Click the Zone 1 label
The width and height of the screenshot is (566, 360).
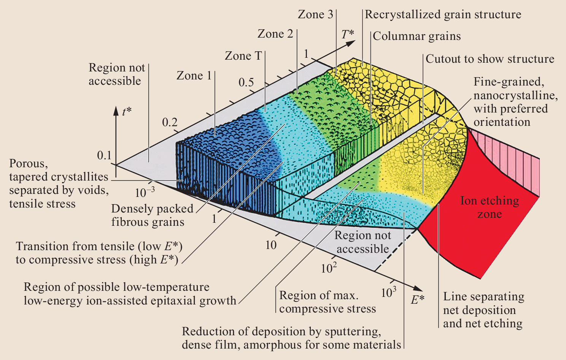point(194,76)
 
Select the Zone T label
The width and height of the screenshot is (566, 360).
point(243,56)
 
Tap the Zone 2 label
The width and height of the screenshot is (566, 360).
point(275,34)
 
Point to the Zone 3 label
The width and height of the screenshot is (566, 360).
point(315,14)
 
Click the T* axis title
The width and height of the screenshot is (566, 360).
point(347,34)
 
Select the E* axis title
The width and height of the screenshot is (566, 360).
point(417,300)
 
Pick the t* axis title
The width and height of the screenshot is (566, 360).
point(127,111)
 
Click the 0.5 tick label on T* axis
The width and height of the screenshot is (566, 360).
point(246,82)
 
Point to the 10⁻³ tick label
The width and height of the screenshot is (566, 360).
point(145,192)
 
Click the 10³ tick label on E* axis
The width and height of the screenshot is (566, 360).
point(389,292)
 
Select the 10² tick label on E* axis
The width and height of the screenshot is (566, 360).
point(329,268)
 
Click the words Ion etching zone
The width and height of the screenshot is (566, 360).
point(490,207)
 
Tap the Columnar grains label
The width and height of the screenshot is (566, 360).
point(417,36)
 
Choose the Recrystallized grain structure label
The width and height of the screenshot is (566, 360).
point(443,14)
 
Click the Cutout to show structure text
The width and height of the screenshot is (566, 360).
point(490,59)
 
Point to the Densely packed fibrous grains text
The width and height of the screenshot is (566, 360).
point(152,215)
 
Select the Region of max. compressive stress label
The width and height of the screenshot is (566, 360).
point(327,302)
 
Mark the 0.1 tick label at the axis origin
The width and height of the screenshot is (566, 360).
point(104,155)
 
